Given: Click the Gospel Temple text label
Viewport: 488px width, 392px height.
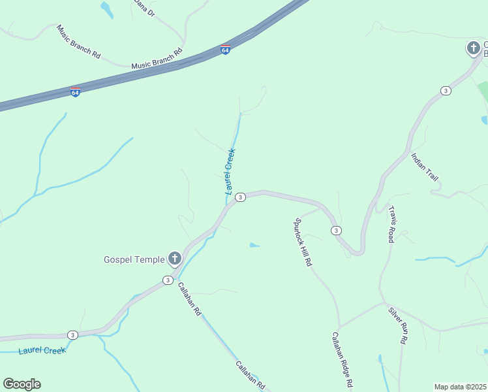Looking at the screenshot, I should (x=134, y=259).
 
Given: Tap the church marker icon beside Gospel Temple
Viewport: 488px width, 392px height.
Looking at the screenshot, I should (x=174, y=259).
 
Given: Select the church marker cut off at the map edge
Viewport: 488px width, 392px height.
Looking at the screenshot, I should (x=474, y=48).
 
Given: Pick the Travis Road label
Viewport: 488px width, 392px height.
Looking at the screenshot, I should (x=391, y=224).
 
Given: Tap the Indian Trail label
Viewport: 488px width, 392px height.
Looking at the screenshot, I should (x=424, y=167).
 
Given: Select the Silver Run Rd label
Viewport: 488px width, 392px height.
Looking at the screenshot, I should (x=398, y=325).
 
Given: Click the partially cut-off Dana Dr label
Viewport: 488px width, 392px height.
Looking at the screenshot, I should (x=145, y=8).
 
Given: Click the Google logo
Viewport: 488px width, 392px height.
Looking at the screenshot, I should (x=22, y=384).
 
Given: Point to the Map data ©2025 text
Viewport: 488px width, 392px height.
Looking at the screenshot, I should (x=460, y=387).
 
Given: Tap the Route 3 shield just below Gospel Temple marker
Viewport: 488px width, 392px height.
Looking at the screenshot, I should (x=168, y=280).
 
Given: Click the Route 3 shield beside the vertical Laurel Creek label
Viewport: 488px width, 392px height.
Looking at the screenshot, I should (x=240, y=197).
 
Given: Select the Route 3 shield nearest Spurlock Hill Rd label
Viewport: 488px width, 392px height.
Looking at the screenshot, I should (x=335, y=231).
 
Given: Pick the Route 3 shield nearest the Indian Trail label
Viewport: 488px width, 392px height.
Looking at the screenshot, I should (x=445, y=90).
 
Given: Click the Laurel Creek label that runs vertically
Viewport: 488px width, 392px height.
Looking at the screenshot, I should (x=230, y=172).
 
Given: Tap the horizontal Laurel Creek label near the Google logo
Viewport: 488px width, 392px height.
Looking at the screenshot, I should (x=42, y=351).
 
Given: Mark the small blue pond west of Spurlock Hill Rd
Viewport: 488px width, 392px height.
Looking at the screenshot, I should (x=254, y=246).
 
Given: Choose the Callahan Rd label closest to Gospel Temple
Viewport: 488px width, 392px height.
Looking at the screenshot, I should (x=189, y=299).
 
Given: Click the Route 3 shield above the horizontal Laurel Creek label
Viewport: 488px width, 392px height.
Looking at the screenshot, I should (x=72, y=335).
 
